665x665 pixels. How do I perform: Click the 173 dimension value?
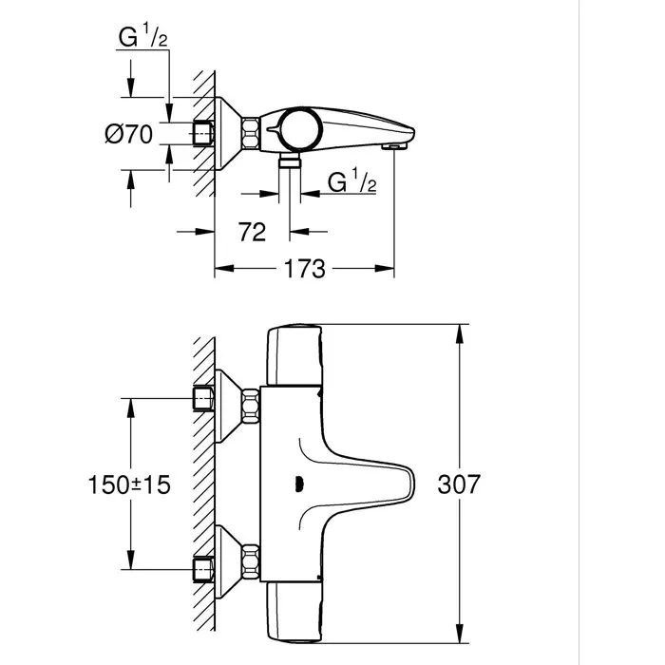tap(304, 270)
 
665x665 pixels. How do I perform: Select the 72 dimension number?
tap(252, 231)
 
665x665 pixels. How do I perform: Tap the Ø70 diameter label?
tap(128, 135)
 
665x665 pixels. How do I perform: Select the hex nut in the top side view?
tap(252, 135)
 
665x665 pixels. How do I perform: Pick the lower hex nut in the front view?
tap(252, 558)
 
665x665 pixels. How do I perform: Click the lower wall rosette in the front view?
tap(227, 558)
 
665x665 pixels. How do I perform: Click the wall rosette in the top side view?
tap(227, 135)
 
